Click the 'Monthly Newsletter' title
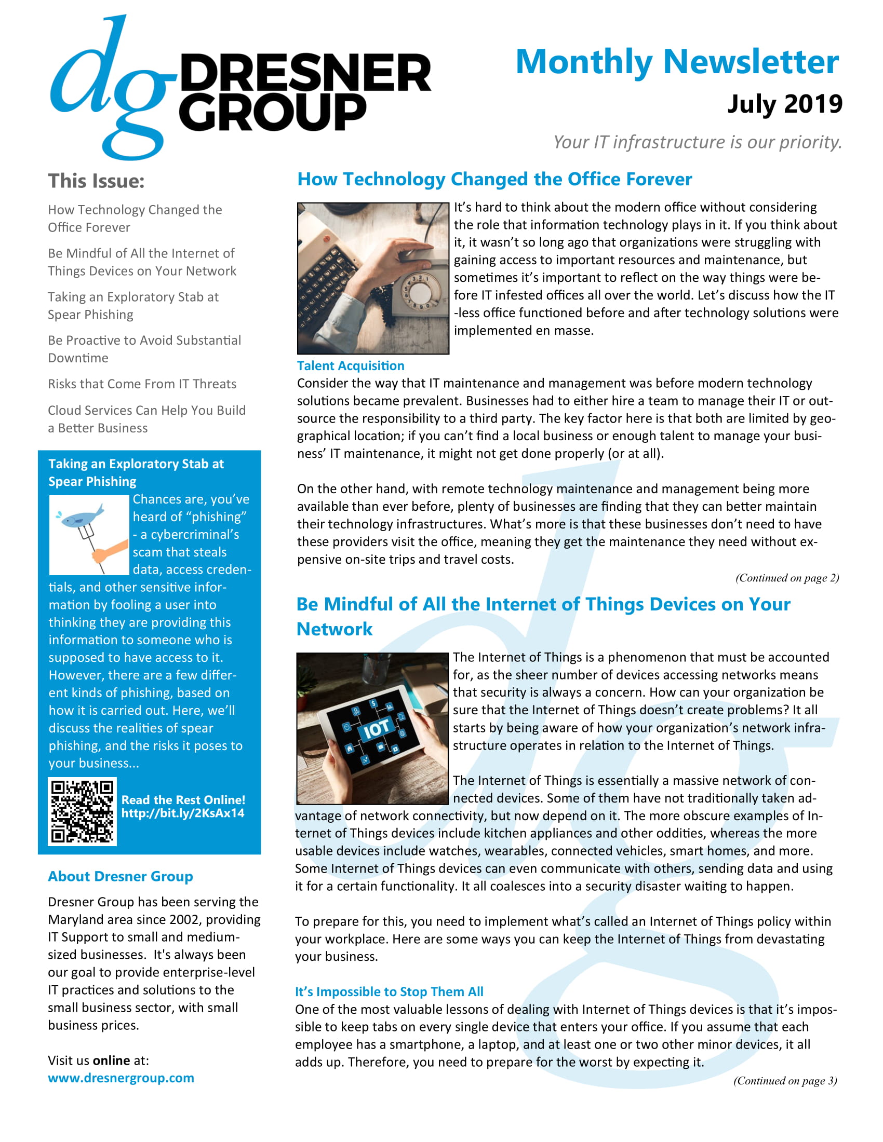(x=677, y=62)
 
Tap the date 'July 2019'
(x=784, y=104)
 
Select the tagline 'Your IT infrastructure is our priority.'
(x=697, y=142)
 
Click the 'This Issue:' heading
(x=96, y=181)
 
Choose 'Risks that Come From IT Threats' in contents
(x=142, y=384)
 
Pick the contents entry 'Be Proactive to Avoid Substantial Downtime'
(x=144, y=349)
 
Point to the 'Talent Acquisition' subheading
(x=351, y=365)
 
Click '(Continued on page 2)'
(x=787, y=578)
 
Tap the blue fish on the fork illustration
(x=82, y=518)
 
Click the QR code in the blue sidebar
(x=82, y=811)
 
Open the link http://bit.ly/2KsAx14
(x=182, y=813)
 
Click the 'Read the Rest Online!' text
(x=183, y=799)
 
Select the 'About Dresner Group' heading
(x=121, y=876)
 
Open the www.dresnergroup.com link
(x=121, y=1078)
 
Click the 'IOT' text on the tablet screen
(x=376, y=728)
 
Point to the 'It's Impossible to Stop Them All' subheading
(x=389, y=991)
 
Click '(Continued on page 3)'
(x=785, y=1080)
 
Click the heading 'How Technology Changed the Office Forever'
(x=494, y=180)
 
